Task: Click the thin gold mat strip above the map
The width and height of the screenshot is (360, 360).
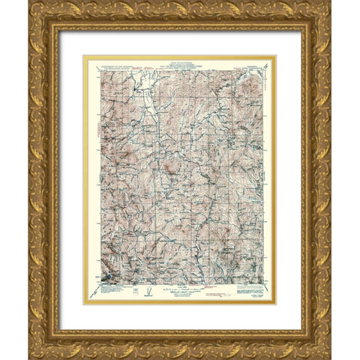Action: [180, 55]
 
